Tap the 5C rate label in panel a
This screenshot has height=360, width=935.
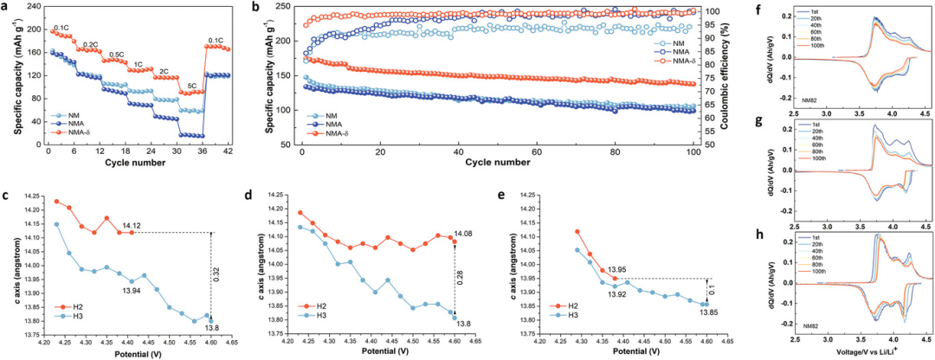[193, 85]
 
